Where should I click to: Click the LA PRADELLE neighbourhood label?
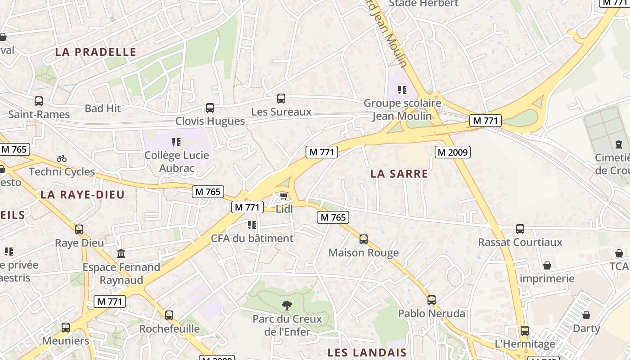point(95,52)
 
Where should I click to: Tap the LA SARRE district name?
point(399,174)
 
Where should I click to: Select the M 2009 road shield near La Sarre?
point(453,153)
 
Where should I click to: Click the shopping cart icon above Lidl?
point(283,196)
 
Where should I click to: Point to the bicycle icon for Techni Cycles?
point(62,158)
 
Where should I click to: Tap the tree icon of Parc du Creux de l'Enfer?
point(287,306)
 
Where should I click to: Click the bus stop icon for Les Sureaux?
point(281,98)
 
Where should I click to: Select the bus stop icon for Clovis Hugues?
point(210,108)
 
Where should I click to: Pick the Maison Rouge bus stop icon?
point(364,239)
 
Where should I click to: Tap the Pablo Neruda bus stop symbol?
point(432,300)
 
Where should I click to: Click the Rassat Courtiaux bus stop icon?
point(520,229)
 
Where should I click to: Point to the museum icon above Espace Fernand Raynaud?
point(121,254)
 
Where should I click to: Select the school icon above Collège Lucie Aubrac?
point(176,142)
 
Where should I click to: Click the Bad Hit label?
point(103,108)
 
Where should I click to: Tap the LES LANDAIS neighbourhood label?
point(367,352)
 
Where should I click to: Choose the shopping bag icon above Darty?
point(586,315)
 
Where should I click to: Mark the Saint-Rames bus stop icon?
point(39,101)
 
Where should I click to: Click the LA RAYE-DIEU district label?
point(82,195)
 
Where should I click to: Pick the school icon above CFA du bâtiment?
point(252,225)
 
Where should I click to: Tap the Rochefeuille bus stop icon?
point(169,315)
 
